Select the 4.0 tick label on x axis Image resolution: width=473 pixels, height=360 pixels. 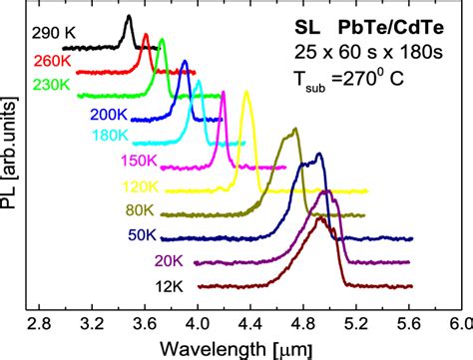pos(199,323)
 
